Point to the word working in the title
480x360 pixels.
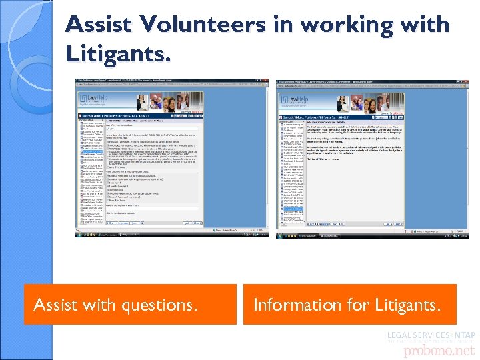[x=336, y=25]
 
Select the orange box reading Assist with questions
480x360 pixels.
[x=129, y=305]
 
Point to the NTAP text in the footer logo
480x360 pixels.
[x=464, y=335]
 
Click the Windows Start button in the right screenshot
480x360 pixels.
[x=279, y=235]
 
